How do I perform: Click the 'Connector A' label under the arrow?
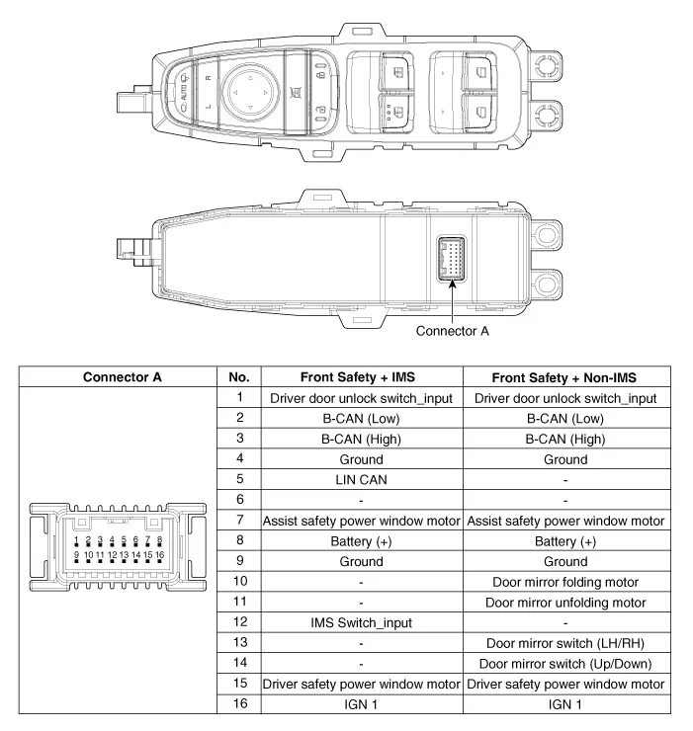[x=453, y=331]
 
